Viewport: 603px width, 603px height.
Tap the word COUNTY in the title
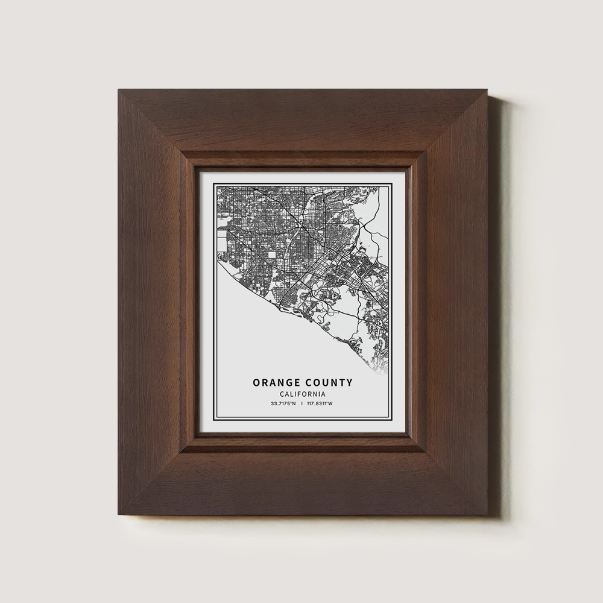(329, 382)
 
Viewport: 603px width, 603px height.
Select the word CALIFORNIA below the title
(303, 393)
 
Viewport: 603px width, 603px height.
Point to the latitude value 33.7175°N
(283, 403)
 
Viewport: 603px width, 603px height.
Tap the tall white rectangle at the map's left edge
(221, 241)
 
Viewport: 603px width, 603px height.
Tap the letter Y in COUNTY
(350, 382)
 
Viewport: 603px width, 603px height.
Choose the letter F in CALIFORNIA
(298, 393)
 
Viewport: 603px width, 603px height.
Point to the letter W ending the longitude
(332, 403)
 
